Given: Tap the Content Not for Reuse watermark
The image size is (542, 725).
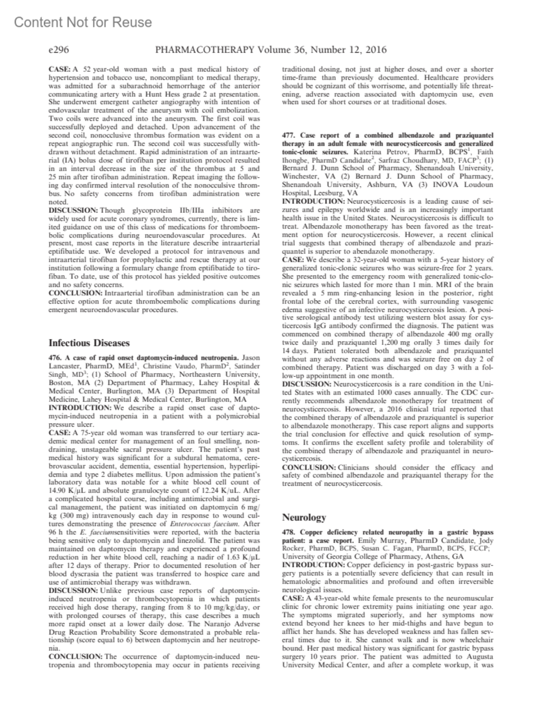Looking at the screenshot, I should tap(83, 22).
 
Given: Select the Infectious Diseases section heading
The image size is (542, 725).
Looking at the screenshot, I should tap(89, 343).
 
